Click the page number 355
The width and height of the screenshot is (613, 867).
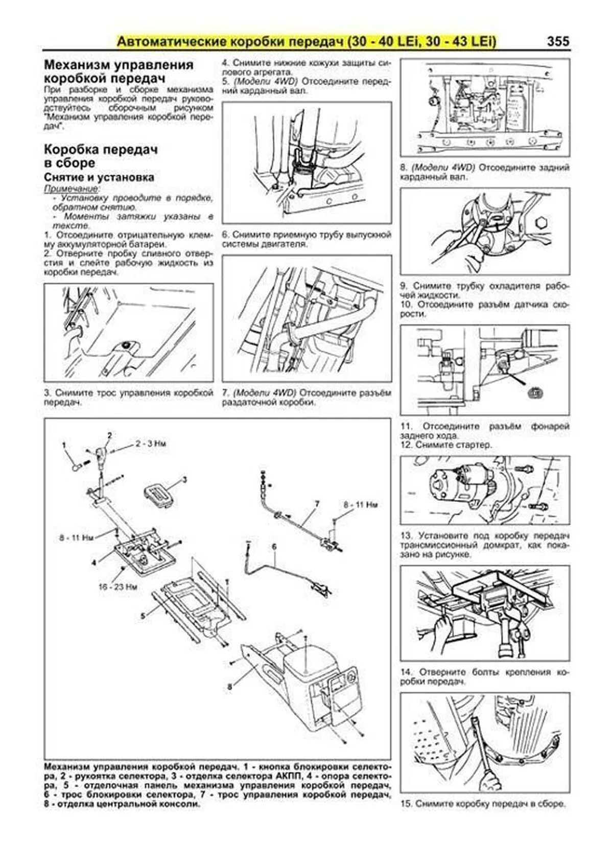pos(557,41)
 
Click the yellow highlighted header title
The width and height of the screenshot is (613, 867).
pos(306,41)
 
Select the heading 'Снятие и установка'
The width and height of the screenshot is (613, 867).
pos(99,177)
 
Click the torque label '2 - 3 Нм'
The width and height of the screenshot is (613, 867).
pos(150,444)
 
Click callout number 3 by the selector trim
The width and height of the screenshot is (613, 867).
pos(184,479)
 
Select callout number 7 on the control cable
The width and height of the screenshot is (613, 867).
pos(317,504)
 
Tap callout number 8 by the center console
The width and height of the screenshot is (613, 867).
pos(229,687)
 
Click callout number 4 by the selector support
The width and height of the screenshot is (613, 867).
pos(93,563)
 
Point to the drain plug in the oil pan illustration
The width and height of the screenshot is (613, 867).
pos(125,345)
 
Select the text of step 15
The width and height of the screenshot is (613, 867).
pos(483,804)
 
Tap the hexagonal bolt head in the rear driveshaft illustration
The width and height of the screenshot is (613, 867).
pos(541,223)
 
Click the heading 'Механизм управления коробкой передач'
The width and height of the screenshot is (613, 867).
pos(119,72)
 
